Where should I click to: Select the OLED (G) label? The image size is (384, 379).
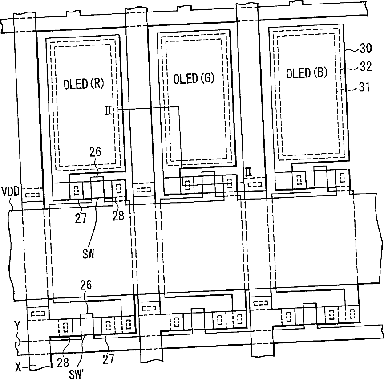[x=194, y=78]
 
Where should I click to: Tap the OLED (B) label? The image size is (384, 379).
[x=307, y=73]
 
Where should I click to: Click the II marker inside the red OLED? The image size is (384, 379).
[x=109, y=111]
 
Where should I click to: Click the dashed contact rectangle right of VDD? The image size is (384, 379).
[x=31, y=196]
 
